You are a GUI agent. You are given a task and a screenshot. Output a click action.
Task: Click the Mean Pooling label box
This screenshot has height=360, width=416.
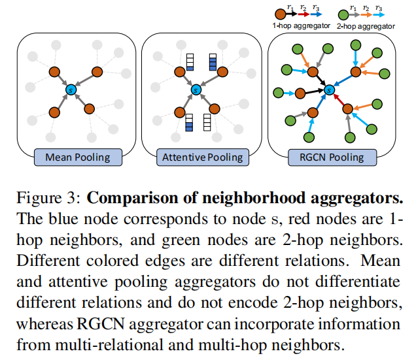pos(78,157)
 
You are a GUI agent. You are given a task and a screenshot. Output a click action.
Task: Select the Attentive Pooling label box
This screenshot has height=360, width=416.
pos(203,157)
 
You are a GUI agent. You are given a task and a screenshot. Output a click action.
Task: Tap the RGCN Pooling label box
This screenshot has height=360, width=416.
pos(332,157)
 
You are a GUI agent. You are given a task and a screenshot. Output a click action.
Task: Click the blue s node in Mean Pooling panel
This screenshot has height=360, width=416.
pos(71,90)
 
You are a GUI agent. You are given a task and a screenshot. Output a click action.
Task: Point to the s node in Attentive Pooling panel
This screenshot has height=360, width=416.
pos(196,90)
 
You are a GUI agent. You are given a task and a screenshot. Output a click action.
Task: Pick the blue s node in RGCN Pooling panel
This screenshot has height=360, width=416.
pos(329,90)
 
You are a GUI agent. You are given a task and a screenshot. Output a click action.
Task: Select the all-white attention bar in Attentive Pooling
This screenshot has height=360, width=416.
pos(207,122)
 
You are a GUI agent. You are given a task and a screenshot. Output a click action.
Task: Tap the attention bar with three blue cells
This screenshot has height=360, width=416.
pos(213,62)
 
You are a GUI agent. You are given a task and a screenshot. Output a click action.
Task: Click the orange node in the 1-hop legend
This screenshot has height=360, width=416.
pos(280,14)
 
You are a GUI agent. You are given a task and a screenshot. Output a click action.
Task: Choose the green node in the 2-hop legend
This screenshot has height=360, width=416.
pos(343,15)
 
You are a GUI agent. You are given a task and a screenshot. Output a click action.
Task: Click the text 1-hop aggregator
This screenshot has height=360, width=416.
pos(301,25)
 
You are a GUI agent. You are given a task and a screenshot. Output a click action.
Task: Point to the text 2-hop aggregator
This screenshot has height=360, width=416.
pos(366,26)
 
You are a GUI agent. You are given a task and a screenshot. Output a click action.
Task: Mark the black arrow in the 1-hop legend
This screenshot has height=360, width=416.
pos(292,14)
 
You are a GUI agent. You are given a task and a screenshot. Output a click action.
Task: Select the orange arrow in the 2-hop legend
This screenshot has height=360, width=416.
pos(366,14)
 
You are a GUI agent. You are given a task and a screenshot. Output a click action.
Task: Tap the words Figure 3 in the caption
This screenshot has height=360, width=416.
pos(48,198)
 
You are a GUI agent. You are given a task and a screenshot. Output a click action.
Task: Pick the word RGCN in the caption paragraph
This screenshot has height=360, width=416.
pos(101,323)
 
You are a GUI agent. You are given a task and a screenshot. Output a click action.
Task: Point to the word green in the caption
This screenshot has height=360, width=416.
pos(181,241)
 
